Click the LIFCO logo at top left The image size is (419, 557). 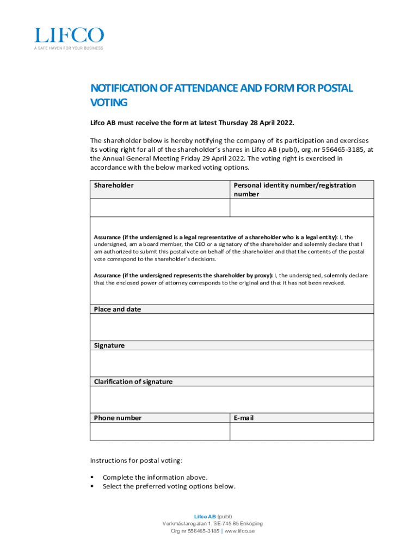[69, 35]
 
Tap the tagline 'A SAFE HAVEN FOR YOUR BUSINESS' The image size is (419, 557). [69, 48]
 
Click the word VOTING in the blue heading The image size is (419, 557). [109, 102]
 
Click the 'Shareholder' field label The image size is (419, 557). [114, 185]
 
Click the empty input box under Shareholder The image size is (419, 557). [160, 208]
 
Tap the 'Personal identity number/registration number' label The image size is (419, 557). [294, 189]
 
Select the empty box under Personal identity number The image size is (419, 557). [302, 208]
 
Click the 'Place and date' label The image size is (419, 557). [118, 310]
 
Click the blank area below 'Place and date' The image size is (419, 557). [232, 327]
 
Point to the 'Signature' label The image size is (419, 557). [109, 346]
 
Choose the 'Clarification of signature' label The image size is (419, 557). [133, 382]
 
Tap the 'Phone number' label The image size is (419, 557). [118, 418]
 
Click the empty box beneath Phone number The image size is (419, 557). [160, 431]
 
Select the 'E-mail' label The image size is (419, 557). [244, 418]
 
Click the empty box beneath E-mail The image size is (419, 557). [302, 431]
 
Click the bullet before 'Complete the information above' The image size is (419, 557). [93, 478]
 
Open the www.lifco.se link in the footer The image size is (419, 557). [239, 531]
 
